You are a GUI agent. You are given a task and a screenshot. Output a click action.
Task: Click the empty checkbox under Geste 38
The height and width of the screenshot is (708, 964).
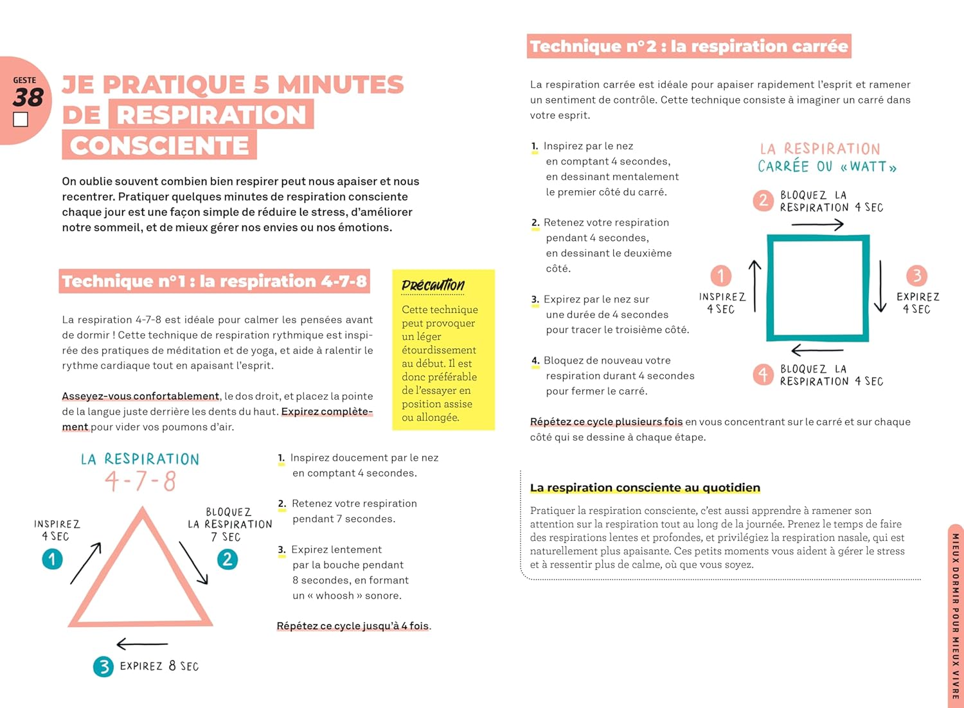21,119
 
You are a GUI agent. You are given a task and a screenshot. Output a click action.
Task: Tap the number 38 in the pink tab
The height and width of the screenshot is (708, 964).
28,98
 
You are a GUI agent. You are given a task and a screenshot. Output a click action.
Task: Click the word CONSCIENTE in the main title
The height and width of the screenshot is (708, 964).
159,145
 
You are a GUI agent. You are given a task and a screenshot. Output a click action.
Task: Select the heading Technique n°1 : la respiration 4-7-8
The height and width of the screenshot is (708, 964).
214,281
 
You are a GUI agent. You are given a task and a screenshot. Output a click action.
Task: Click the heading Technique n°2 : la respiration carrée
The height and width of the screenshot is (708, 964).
688,46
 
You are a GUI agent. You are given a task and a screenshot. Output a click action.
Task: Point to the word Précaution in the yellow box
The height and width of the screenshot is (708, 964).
433,285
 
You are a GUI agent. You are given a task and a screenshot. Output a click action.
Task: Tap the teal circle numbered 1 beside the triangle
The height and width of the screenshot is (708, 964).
52,559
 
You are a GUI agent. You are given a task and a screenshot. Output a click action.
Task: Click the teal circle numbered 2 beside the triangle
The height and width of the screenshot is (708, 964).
227,559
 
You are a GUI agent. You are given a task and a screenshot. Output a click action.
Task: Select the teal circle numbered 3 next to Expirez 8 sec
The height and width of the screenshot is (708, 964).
103,666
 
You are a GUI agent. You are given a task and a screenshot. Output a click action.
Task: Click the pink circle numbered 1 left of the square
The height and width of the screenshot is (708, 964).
720,276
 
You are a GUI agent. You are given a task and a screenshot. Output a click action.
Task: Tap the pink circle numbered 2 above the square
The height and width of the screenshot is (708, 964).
763,200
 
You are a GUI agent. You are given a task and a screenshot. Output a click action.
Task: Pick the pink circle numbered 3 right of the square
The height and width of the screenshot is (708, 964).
916,276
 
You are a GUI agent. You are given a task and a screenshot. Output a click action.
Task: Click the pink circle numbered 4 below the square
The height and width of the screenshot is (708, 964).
763,374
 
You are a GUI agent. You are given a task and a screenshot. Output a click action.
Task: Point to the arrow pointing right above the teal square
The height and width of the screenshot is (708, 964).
817,224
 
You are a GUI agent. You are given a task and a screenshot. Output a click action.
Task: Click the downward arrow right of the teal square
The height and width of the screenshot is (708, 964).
880,286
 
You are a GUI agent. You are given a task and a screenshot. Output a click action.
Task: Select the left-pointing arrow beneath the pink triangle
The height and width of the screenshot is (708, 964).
142,643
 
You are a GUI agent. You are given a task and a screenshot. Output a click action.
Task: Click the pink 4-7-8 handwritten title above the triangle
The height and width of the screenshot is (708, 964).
140,481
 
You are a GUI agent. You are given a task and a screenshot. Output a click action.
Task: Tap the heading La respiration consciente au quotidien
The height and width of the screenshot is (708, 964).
645,488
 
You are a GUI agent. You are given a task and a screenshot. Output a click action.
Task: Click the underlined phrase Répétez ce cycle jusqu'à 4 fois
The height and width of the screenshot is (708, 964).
353,626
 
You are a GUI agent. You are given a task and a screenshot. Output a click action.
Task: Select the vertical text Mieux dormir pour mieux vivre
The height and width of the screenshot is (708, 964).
955,616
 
